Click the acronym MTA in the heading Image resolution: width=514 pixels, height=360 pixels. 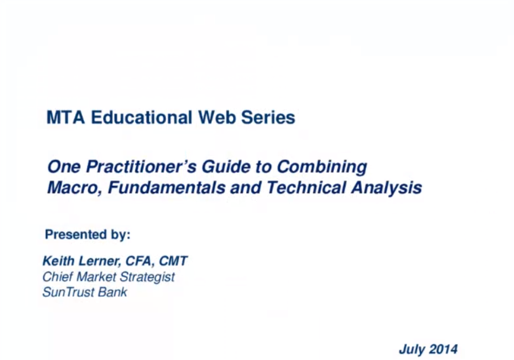tap(66, 117)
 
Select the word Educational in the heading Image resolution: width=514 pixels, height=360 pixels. tap(142, 117)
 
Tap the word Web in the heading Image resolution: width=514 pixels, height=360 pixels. tap(217, 117)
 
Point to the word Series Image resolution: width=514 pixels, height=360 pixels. tap(268, 117)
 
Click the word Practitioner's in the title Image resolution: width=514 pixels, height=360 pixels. tap(141, 167)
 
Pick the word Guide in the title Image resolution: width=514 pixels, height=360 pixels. tap(226, 167)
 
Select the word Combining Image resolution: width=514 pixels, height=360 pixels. tap(322, 167)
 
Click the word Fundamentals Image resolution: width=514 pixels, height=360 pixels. tap(167, 187)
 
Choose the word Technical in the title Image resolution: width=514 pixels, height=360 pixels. tap(306, 187)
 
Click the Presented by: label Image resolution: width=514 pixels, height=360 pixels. tap(88, 235)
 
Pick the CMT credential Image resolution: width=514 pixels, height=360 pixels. tap(173, 261)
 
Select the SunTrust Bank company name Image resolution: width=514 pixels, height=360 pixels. tap(85, 292)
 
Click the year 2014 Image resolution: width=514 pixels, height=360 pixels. tap(443, 349)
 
